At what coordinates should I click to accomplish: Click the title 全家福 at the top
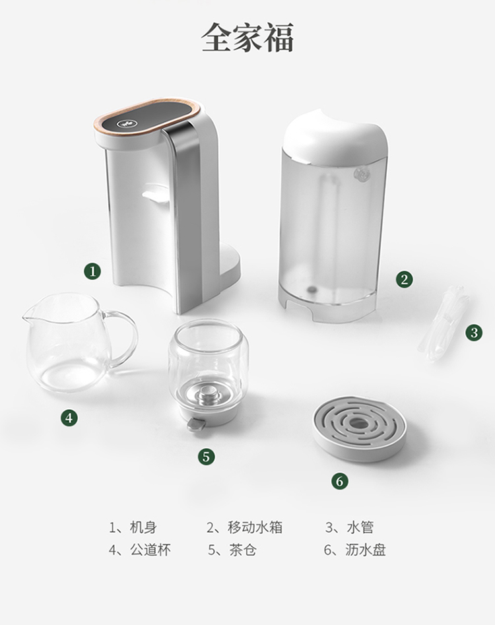[247, 38]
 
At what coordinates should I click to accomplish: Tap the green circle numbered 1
[92, 271]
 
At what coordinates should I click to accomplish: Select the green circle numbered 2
[404, 279]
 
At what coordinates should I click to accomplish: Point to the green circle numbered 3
[473, 333]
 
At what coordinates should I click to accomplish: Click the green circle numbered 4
[69, 418]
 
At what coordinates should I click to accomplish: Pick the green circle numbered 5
[206, 457]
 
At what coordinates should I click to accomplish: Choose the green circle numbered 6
[339, 482]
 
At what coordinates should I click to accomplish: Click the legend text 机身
[143, 527]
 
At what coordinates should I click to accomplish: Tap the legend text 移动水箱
[255, 527]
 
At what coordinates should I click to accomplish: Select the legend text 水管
[360, 527]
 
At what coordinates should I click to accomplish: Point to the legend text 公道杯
[150, 550]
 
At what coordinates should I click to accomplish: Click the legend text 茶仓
[242, 550]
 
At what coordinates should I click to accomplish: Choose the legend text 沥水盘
[366, 550]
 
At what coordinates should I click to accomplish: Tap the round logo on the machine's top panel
[124, 124]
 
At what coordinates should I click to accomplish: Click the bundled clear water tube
[443, 323]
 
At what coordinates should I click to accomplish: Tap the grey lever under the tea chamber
[195, 424]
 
